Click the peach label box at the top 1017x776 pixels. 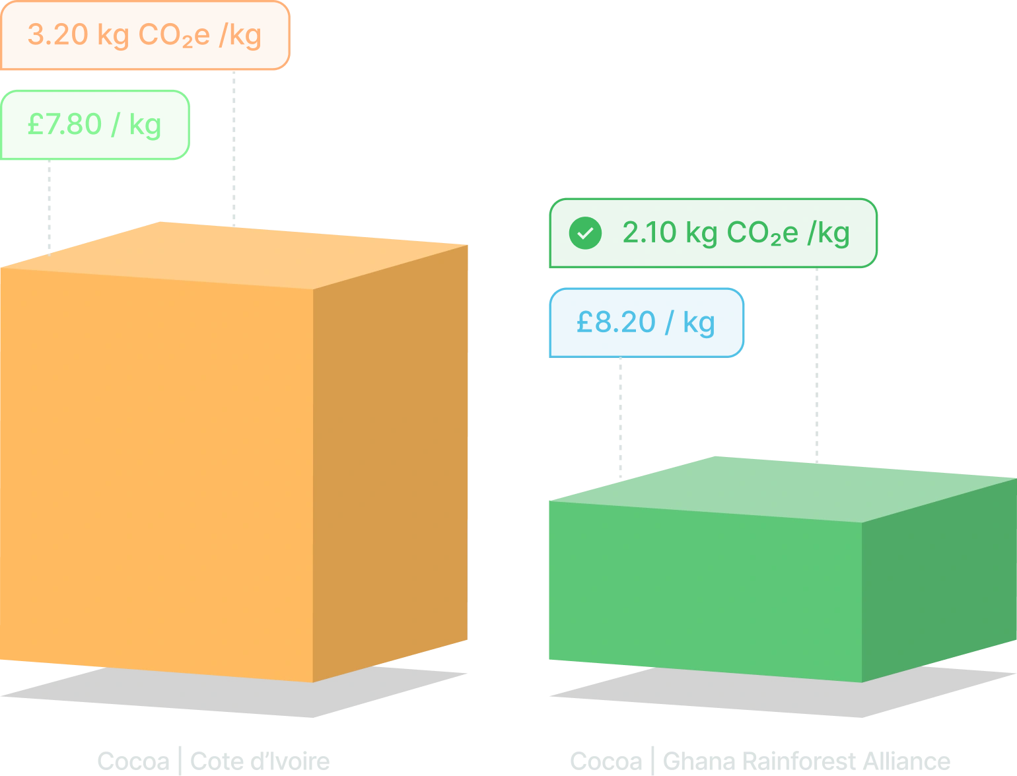pyautogui.click(x=144, y=35)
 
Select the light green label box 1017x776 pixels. pyautogui.click(x=94, y=124)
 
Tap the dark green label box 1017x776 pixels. pyautogui.click(x=712, y=232)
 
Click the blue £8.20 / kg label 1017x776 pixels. pyautogui.click(x=645, y=323)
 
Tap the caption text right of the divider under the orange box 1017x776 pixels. pyautogui.click(x=261, y=761)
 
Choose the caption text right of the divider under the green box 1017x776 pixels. pyautogui.click(x=806, y=761)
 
